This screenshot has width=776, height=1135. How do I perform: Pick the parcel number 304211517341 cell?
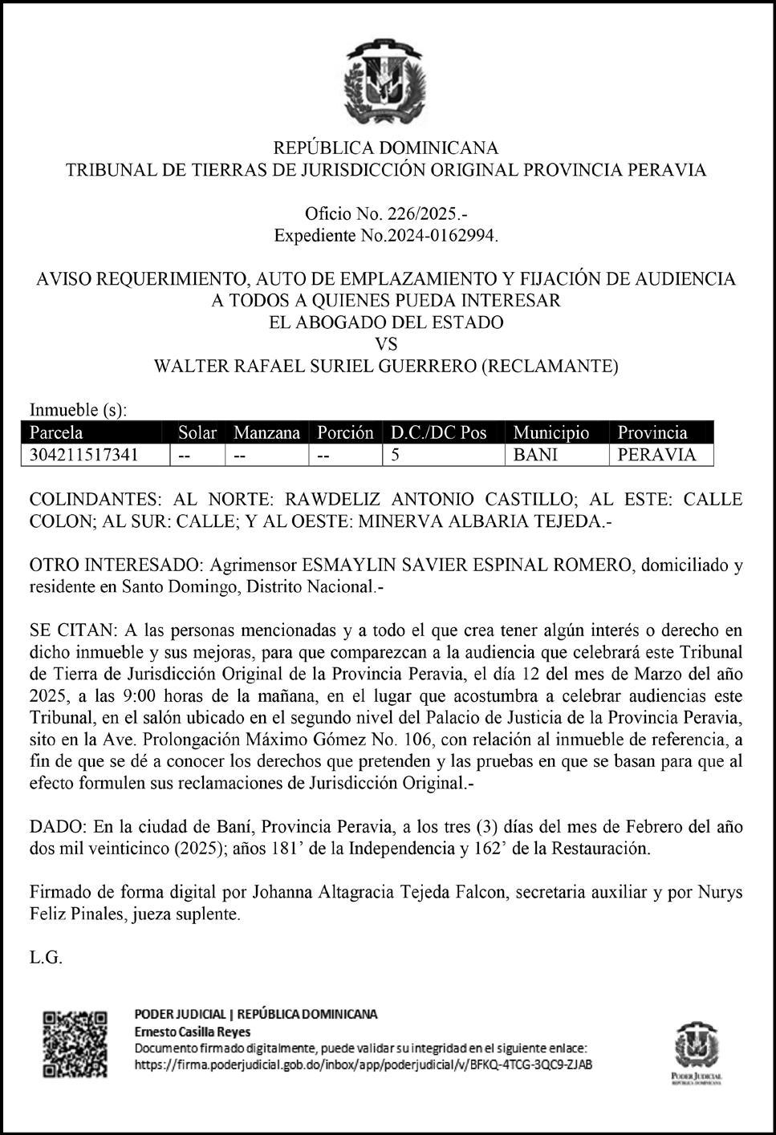click(x=83, y=455)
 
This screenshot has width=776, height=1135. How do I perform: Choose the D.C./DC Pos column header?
click(x=438, y=432)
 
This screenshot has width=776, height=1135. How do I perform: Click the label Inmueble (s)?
click(x=78, y=411)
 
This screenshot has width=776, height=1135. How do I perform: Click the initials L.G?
click(x=46, y=958)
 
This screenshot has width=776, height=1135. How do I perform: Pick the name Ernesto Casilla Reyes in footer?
click(x=192, y=1032)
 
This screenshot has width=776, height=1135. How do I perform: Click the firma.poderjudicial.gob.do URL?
click(x=364, y=1064)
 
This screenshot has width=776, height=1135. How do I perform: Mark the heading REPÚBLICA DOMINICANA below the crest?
click(x=386, y=148)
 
